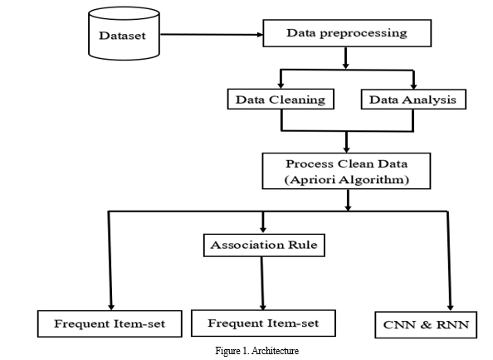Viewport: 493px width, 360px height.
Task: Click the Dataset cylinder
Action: pos(124,33)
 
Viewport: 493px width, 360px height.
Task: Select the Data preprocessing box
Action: pos(347,33)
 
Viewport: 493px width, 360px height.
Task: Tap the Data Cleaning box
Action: pos(281,100)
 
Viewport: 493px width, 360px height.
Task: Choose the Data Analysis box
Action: pos(413,100)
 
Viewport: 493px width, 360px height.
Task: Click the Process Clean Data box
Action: pos(346,171)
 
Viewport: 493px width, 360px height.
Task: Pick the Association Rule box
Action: pos(264,245)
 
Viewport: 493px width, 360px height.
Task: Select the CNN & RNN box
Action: pos(426,324)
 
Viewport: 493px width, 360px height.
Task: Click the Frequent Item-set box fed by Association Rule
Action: pos(263,324)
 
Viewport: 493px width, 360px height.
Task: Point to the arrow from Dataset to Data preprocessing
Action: pos(212,35)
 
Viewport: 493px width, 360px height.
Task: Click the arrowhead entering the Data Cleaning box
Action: pos(281,85)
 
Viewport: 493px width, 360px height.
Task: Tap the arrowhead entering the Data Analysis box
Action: pos(414,85)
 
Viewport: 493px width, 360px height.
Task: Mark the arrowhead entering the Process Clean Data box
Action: pos(346,149)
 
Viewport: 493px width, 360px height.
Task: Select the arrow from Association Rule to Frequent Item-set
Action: pos(262,284)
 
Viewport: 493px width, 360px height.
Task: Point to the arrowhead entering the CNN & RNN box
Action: pos(450,308)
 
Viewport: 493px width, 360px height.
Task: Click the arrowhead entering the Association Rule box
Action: pos(263,230)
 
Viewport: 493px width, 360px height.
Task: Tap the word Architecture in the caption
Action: pos(275,351)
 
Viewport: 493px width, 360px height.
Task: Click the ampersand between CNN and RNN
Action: pos(426,324)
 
